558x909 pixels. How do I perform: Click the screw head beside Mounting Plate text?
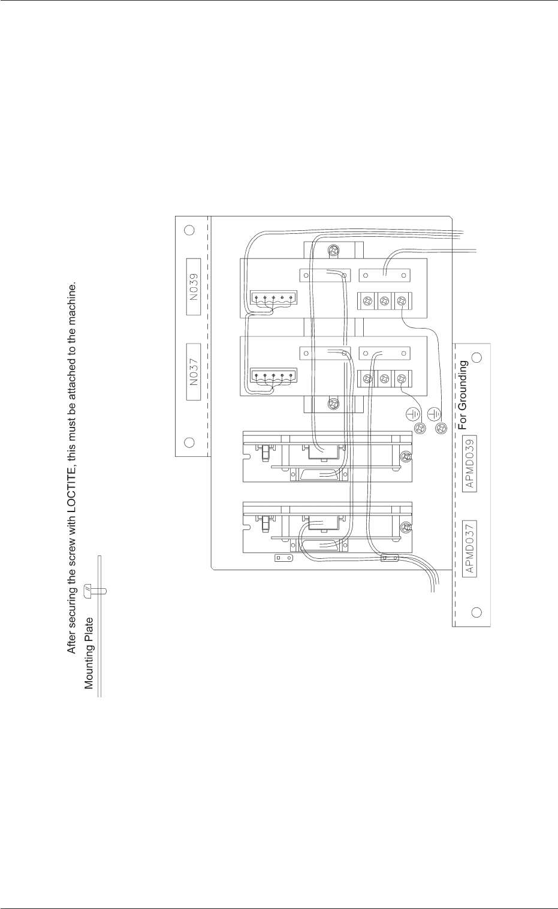(88, 590)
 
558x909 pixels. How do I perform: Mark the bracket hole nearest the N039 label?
(189, 230)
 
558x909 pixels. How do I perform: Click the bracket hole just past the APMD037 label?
(476, 612)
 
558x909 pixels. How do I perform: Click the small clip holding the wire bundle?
(390, 558)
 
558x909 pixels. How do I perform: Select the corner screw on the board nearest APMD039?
(408, 457)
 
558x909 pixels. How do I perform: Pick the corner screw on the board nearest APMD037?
(408, 528)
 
